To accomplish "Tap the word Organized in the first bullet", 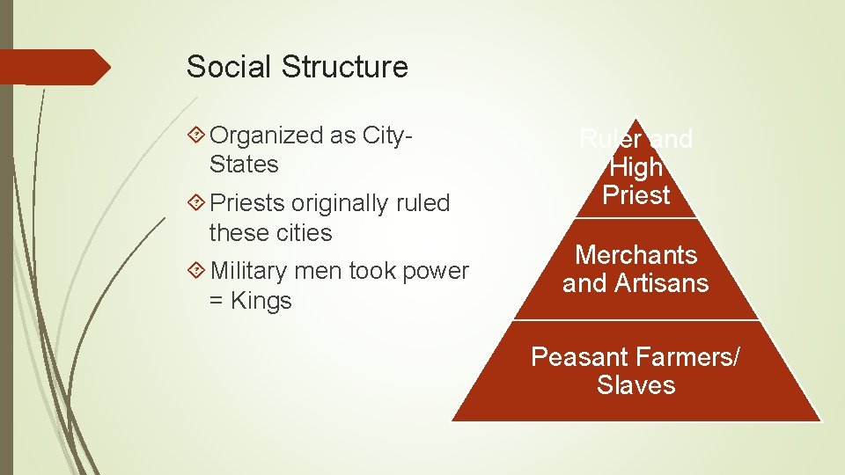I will (268, 135).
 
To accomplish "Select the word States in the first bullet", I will (244, 164).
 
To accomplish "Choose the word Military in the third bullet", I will (249, 271).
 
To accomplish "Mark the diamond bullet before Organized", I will (196, 135).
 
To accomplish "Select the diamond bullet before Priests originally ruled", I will (196, 203).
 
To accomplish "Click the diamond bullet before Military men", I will (196, 271).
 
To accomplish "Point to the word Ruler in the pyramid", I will (608, 139).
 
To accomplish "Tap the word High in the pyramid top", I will (636, 167).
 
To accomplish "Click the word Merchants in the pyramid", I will (636, 255).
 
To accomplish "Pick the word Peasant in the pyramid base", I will (577, 357).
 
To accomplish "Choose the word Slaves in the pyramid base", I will (636, 385).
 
